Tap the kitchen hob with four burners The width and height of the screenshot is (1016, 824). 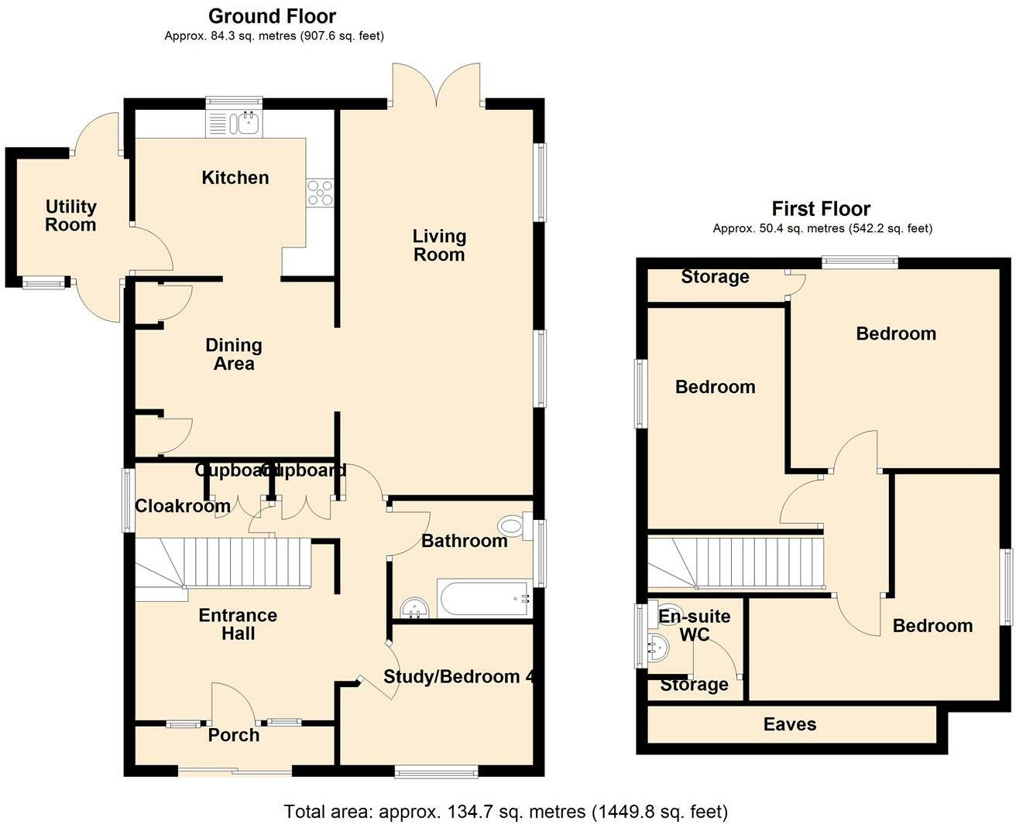[320, 193]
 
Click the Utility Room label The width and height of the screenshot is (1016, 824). [70, 216]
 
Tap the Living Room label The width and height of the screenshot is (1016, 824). [439, 245]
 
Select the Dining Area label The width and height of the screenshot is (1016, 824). [234, 354]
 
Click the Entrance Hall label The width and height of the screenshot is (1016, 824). [238, 624]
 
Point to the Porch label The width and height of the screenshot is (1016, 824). [234, 735]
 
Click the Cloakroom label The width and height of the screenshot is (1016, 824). [182, 506]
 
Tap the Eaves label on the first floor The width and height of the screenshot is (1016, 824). [789, 724]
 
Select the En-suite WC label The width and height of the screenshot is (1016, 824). [695, 625]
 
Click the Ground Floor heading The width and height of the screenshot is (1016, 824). [273, 16]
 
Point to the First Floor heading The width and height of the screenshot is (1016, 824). [821, 209]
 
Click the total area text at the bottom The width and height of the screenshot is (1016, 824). [506, 812]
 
